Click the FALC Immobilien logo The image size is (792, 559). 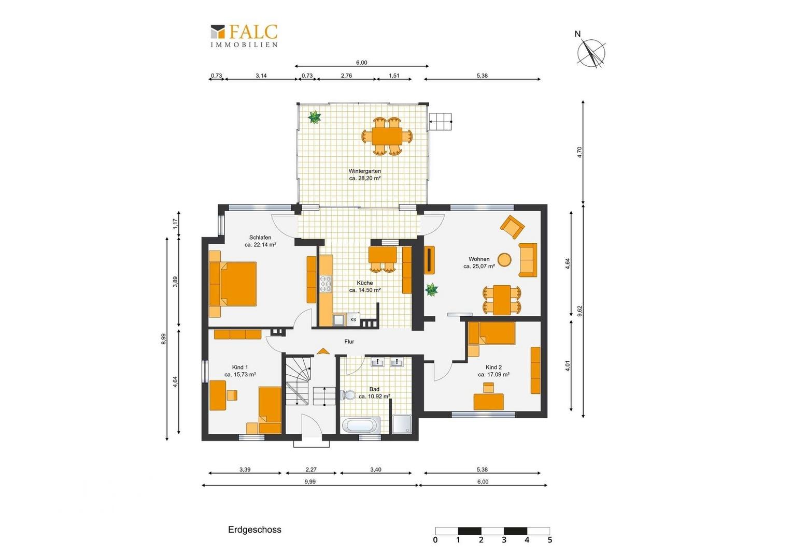click(x=244, y=35)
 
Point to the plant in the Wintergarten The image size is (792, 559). click(x=314, y=117)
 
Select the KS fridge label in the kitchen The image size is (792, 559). click(x=353, y=319)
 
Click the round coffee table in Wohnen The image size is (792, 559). click(x=504, y=259)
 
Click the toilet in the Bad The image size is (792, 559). click(x=348, y=395)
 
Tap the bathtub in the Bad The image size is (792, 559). click(x=361, y=425)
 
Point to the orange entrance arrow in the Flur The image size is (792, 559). click(x=322, y=351)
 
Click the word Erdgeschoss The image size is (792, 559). click(x=254, y=529)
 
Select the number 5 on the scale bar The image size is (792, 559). click(x=549, y=540)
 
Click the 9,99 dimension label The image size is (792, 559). click(x=310, y=482)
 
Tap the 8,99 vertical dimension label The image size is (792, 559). click(x=163, y=339)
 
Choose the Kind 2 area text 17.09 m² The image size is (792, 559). click(x=493, y=375)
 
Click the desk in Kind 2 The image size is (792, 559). click(x=489, y=402)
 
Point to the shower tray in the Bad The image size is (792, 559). click(x=402, y=424)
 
